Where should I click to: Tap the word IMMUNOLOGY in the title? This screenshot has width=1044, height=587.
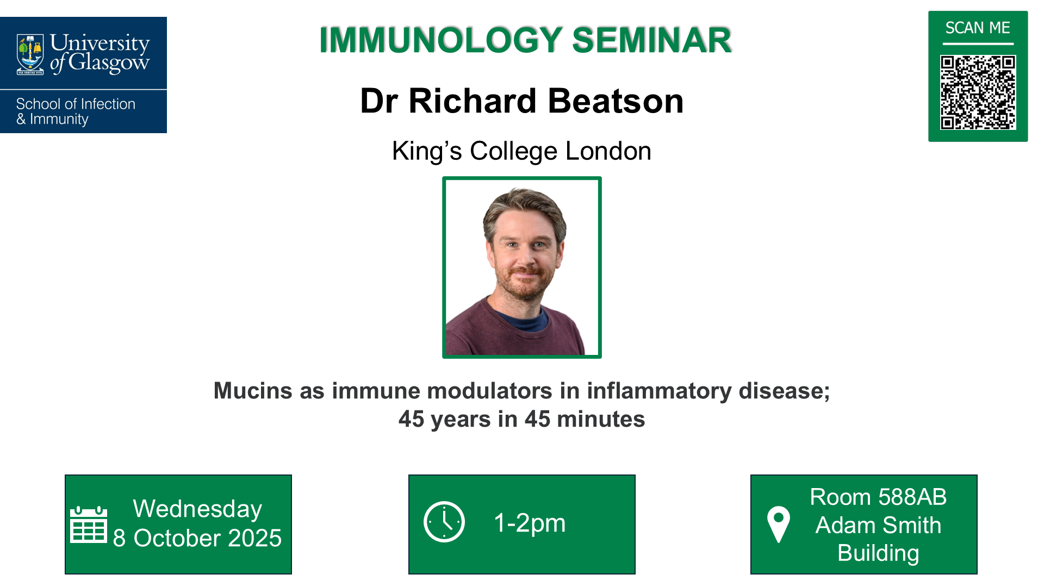tap(441, 40)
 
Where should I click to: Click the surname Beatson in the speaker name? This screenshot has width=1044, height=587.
tap(616, 101)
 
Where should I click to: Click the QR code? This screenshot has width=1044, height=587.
tap(978, 92)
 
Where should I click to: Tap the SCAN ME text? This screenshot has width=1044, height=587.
tap(978, 28)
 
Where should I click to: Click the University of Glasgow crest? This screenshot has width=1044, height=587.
tap(30, 54)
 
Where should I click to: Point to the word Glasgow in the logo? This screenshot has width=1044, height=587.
tap(109, 63)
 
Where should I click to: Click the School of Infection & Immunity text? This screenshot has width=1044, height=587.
tap(75, 111)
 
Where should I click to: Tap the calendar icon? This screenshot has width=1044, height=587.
tap(88, 524)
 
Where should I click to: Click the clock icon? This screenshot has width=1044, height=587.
tap(444, 522)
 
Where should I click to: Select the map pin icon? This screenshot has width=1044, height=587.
tap(778, 523)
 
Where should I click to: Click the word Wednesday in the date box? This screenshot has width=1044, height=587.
tap(197, 509)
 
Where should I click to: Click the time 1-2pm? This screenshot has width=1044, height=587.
tap(529, 523)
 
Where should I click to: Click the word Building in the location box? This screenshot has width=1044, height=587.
tap(878, 553)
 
